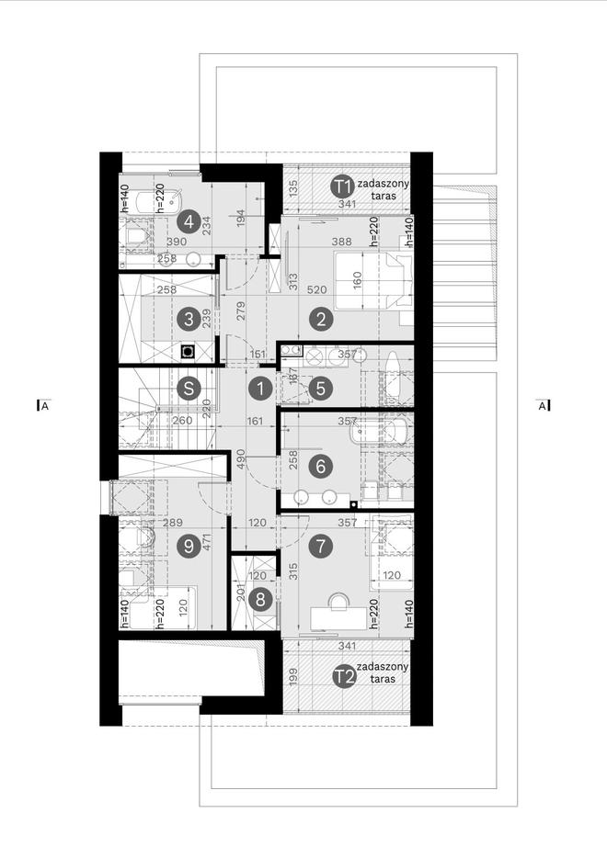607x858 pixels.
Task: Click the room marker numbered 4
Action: tap(189, 220)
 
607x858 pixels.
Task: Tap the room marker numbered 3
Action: tap(189, 319)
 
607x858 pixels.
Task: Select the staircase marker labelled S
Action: tap(189, 388)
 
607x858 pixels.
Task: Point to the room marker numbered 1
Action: tap(260, 389)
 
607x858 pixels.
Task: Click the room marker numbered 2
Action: tap(321, 319)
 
